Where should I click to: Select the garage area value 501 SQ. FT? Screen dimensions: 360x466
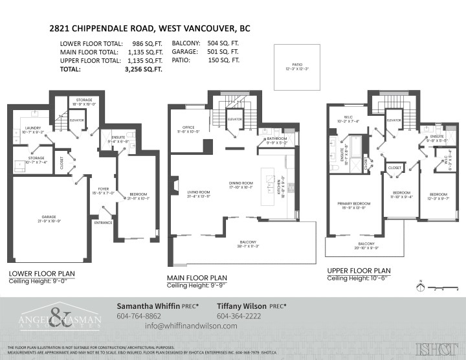(225, 51)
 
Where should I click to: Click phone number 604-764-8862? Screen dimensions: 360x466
(139, 316)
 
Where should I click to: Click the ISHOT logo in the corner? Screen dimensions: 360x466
(435, 348)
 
